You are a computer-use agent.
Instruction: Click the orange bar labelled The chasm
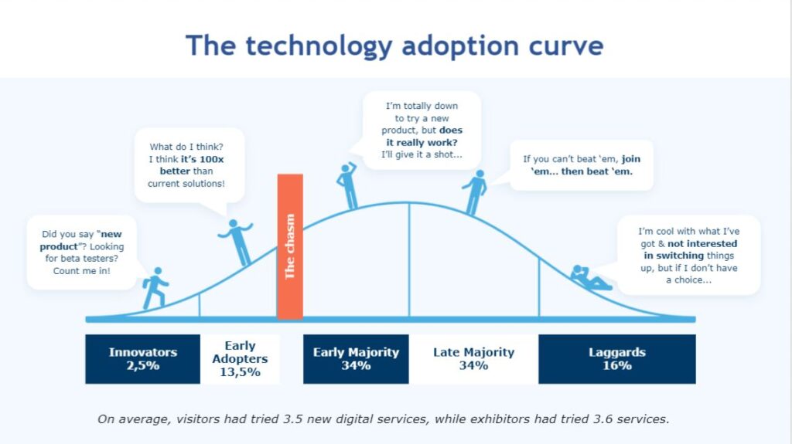(290, 247)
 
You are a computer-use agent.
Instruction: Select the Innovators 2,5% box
(142, 359)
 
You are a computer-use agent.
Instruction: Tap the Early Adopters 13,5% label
(240, 359)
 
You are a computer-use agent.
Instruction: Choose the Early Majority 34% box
(356, 359)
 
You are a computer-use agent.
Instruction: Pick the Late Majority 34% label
(474, 359)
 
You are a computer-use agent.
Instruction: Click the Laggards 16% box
(616, 359)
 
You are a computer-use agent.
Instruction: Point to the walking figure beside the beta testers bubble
(155, 288)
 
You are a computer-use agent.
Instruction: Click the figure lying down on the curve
(590, 277)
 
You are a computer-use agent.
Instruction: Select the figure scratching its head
(347, 185)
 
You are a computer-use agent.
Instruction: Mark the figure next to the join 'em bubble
(474, 192)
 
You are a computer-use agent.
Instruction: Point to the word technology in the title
(318, 46)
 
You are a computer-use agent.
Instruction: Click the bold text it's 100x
(202, 159)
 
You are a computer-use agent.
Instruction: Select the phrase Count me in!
(81, 270)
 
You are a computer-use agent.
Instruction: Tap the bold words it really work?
(422, 142)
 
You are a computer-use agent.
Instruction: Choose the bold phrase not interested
(702, 243)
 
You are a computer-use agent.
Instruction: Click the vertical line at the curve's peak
(408, 260)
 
